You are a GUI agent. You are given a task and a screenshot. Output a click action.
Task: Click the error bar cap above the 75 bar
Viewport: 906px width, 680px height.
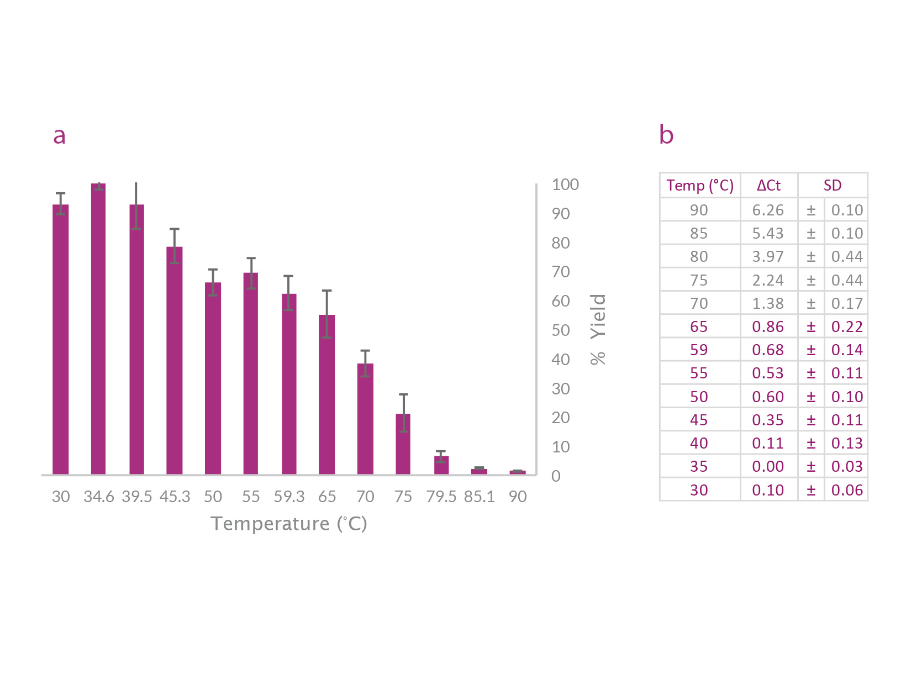tap(403, 394)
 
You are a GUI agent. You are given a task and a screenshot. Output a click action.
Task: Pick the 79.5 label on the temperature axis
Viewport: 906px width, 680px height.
tap(441, 497)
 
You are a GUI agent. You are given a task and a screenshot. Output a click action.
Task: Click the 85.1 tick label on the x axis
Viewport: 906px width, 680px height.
tap(479, 497)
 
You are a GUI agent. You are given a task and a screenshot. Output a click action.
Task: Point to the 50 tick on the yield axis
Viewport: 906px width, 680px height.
tap(561, 330)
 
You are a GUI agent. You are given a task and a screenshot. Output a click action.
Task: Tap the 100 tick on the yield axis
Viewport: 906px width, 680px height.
tap(565, 185)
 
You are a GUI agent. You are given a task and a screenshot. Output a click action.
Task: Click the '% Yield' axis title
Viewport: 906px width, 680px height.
tap(598, 329)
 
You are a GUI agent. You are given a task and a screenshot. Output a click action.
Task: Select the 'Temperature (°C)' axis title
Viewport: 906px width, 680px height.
tap(289, 524)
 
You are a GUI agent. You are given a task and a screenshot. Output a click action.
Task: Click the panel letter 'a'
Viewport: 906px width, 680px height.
tap(59, 135)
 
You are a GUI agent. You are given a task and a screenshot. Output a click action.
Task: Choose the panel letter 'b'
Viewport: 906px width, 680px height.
tap(666, 134)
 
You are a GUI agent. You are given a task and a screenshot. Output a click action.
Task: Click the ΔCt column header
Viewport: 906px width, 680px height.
tap(768, 186)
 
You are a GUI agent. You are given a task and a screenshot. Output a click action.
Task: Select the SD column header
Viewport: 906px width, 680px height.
tap(833, 186)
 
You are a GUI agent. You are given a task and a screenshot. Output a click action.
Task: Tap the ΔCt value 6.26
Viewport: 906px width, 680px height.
tap(768, 210)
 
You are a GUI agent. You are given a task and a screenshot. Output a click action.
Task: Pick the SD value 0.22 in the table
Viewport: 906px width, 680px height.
tap(847, 327)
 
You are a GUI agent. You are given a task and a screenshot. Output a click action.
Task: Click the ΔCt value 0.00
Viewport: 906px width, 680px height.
tap(768, 467)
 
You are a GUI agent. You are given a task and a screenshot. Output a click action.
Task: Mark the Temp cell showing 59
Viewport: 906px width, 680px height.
tap(699, 350)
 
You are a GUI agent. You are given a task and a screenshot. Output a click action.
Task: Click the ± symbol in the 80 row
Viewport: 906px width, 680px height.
tap(811, 257)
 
